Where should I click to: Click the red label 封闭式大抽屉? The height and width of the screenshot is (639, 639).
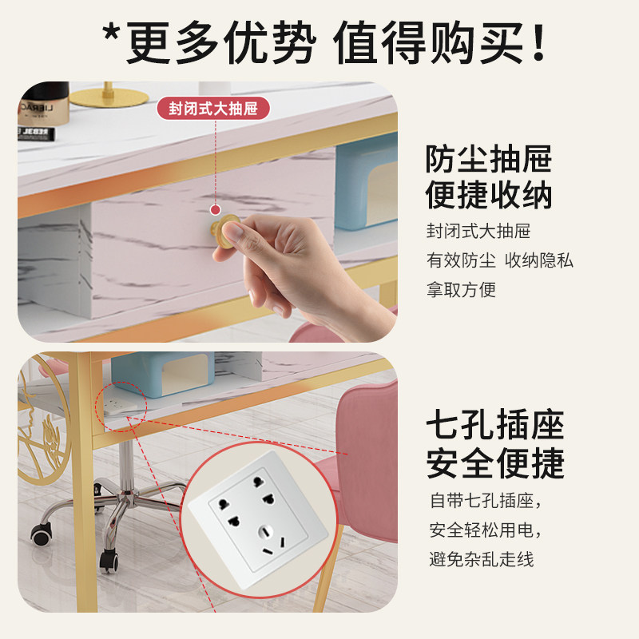[213, 109]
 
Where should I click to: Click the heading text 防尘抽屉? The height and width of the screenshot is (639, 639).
[489, 158]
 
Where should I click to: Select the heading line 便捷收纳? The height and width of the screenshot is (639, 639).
[489, 194]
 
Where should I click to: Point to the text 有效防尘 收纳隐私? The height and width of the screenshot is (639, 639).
[499, 260]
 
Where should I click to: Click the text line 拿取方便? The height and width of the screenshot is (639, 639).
[461, 289]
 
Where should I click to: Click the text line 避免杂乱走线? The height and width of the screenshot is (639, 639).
[481, 558]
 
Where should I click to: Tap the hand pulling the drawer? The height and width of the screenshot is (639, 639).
[288, 256]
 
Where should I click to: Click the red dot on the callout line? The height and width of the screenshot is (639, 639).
[214, 210]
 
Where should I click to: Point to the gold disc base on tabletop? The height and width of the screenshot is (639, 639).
[109, 98]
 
